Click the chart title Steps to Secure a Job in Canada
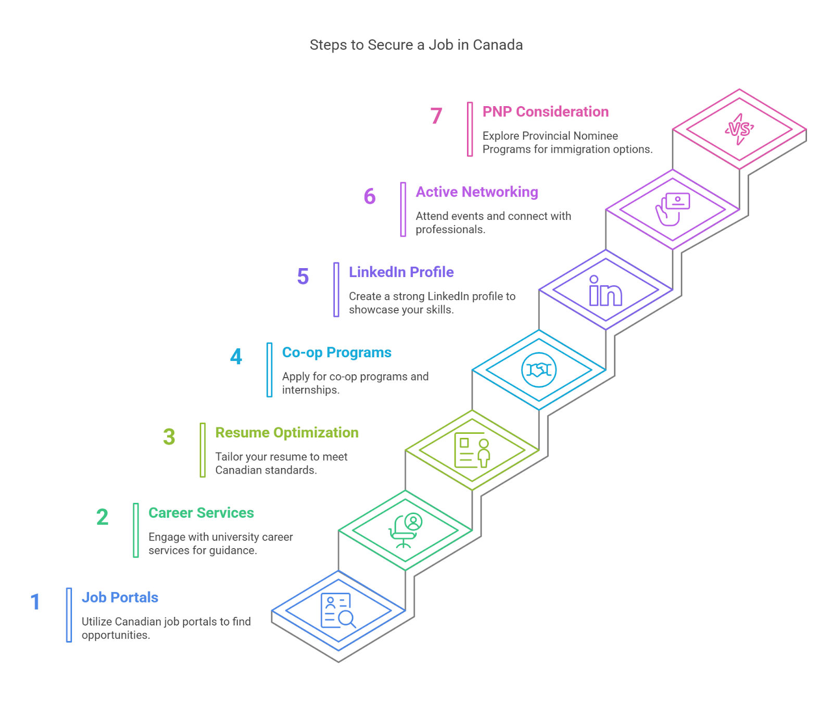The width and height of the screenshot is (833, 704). tap(416, 45)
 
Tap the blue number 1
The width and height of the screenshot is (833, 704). tap(35, 602)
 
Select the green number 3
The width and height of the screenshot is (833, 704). tap(169, 437)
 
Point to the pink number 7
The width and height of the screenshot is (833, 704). tap(436, 116)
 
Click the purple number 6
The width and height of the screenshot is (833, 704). tap(370, 196)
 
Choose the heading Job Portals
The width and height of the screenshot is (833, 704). tap(120, 597)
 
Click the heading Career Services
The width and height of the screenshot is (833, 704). tap(201, 513)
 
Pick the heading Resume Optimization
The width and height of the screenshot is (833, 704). tap(287, 433)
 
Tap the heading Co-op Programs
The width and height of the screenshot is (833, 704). tap(337, 353)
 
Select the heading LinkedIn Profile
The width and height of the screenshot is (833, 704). tap(401, 272)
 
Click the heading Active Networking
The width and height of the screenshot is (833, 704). tap(477, 192)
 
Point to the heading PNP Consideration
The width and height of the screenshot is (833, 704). tap(546, 112)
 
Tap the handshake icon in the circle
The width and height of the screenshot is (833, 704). tap(539, 370)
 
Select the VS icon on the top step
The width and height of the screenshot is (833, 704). tap(739, 129)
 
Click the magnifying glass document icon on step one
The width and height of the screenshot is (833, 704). tap(338, 610)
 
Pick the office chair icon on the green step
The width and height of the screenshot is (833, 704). tap(405, 531)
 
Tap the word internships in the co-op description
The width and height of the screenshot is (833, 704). tap(311, 390)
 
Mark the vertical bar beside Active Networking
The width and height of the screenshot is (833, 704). tap(403, 209)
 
